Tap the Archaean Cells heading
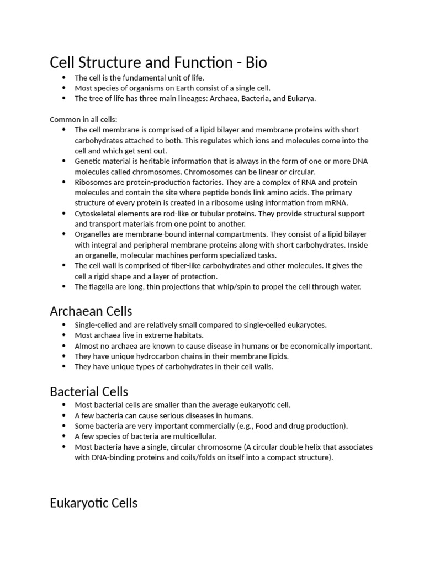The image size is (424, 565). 91,311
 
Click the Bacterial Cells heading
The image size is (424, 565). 89,391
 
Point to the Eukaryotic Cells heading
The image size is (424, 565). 93,503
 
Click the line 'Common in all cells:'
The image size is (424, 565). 83,119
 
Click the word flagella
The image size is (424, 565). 102,286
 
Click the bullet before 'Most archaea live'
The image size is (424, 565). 64,335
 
